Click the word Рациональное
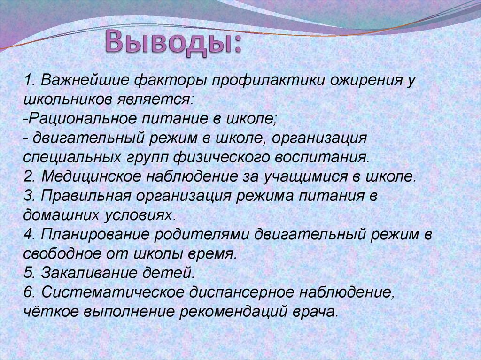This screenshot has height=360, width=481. pyautogui.click(x=79, y=119)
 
